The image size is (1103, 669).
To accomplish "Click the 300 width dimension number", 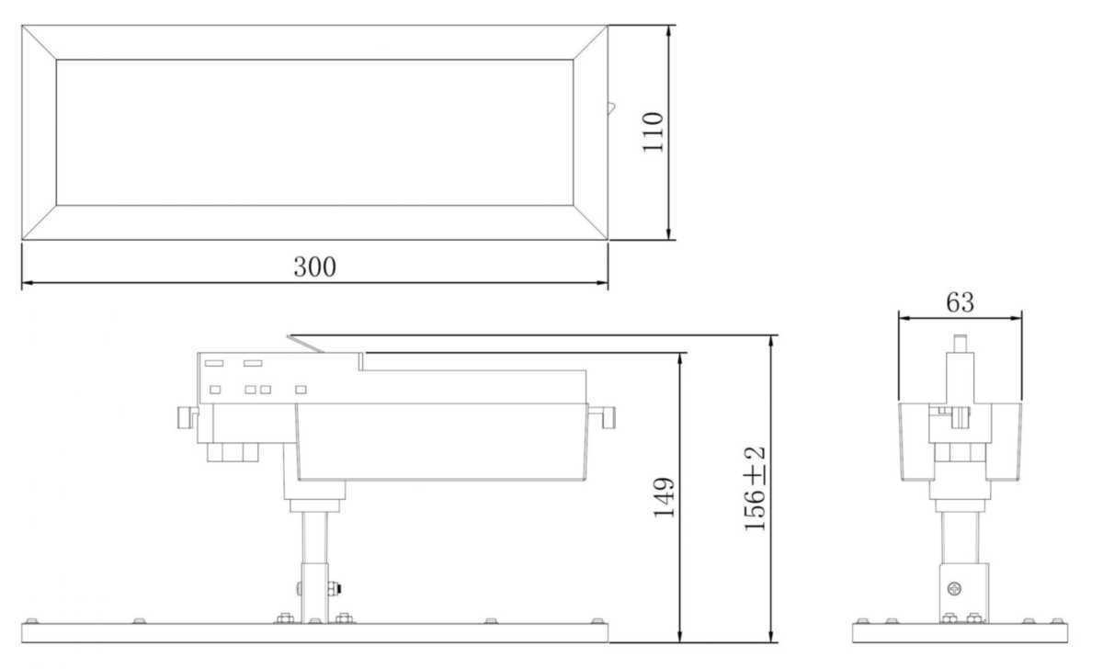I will click(314, 267).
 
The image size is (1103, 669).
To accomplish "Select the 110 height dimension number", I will click(653, 132).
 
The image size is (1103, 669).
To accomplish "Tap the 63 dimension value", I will click(959, 301).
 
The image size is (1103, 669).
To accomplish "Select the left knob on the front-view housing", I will click(186, 417).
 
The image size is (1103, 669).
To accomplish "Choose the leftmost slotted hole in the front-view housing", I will click(213, 364).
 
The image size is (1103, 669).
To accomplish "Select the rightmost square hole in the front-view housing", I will click(300, 390).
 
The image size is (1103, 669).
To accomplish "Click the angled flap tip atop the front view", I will click(290, 337).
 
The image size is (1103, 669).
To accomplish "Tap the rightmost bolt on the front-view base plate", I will click(598, 621).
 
